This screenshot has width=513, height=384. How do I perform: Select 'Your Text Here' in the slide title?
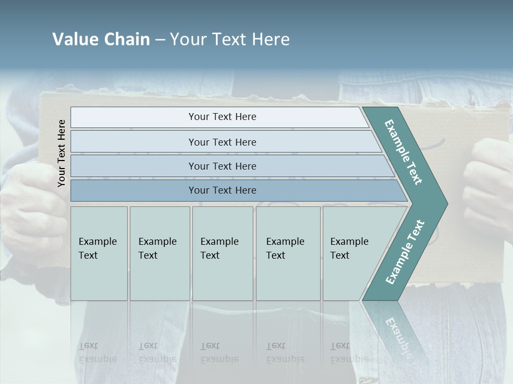coord(230,39)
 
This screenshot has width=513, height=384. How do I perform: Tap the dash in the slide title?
coord(160,40)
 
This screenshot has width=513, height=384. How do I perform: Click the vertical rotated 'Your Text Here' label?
coord(61,153)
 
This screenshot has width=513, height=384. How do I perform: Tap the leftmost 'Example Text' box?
coord(99,253)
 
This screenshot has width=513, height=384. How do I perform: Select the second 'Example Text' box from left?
coord(160,253)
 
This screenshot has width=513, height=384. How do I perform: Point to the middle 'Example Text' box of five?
coord(222,253)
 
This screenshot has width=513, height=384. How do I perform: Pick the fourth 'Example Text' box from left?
coord(288,253)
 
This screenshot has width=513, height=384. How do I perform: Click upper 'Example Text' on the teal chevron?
coord(403,152)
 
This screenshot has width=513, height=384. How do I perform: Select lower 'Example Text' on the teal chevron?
coord(405,252)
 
